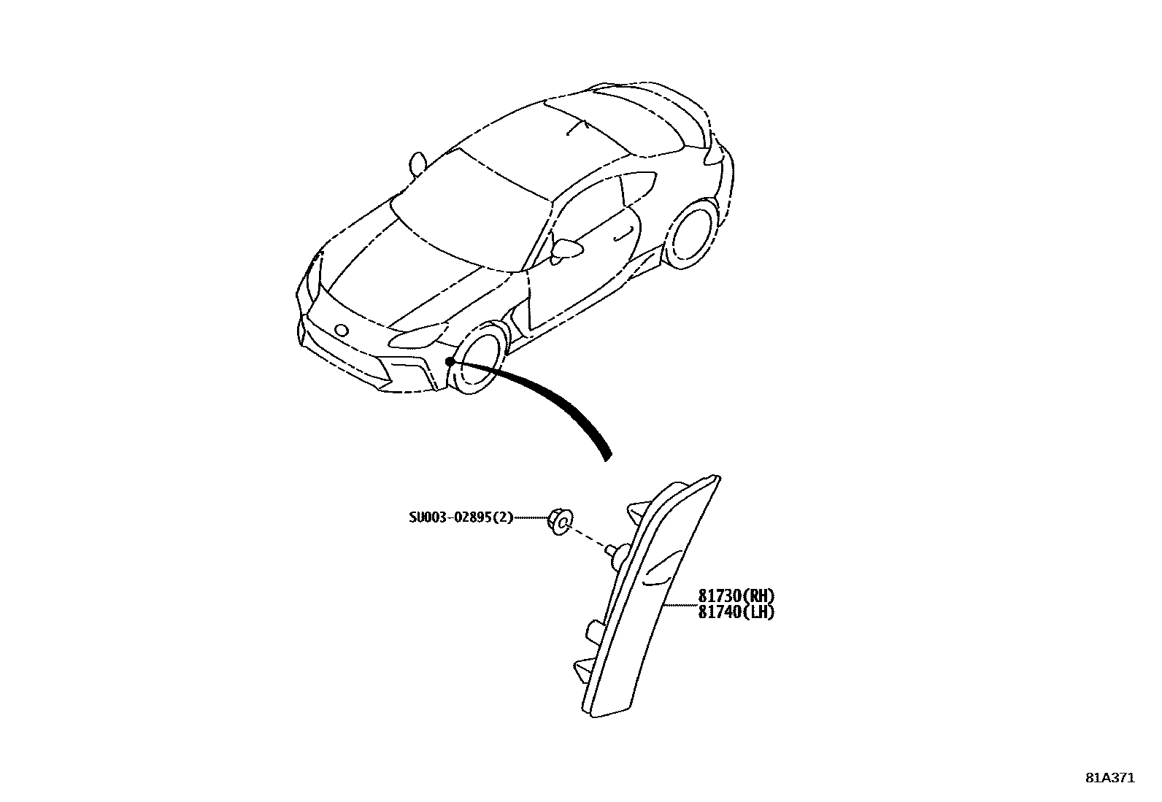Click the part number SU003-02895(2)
(461, 518)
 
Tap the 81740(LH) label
(736, 612)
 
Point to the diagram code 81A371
(1109, 778)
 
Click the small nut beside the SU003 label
(560, 520)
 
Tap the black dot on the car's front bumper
(450, 361)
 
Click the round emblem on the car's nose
(341, 329)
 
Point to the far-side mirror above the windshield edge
(418, 163)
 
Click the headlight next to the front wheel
(418, 337)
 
